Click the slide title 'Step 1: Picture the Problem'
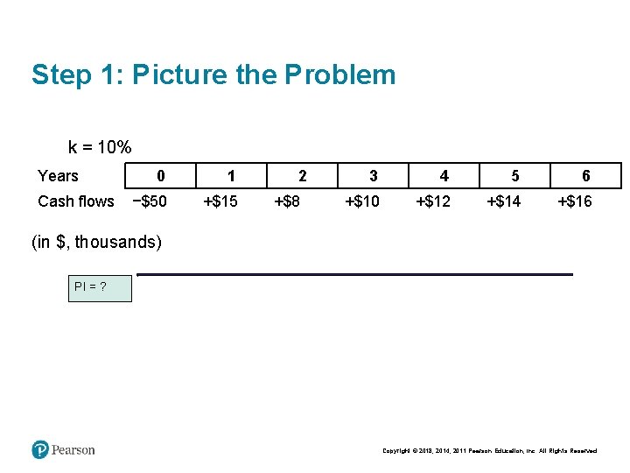coord(213,74)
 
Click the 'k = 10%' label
coord(100,147)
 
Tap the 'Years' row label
coord(58,176)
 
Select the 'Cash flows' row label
coord(76,201)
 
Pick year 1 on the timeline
coord(230,176)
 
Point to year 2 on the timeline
coord(302,176)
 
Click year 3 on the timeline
coord(373,176)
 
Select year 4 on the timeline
coord(444,176)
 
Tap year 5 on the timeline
coord(514,176)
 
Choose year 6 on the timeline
coord(585,176)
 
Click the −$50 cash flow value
coord(149,201)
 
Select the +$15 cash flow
coord(220,201)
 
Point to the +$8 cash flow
coord(287,201)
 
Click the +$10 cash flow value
coord(362,201)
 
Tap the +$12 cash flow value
coord(433,201)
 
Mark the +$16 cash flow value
coord(575,201)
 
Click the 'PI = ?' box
coord(101,288)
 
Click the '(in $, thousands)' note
coord(96,242)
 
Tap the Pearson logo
coord(63,449)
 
